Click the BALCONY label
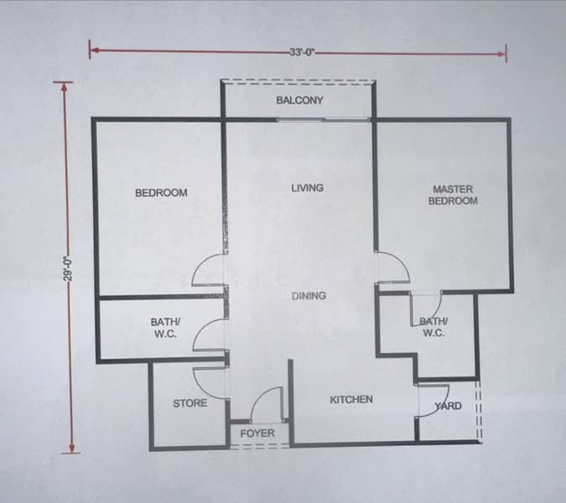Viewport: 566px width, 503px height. [x=299, y=101]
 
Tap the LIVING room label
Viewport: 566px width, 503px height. [x=308, y=188]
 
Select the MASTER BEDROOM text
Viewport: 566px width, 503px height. [x=453, y=194]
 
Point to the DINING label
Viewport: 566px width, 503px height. [x=309, y=296]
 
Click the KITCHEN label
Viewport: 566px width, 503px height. [x=351, y=399]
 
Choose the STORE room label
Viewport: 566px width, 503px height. [x=190, y=403]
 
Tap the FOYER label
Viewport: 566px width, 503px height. [x=257, y=433]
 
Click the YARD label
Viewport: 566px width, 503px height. [x=448, y=406]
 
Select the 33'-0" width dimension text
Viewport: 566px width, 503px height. [x=303, y=52]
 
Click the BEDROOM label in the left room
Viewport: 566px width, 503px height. [x=161, y=193]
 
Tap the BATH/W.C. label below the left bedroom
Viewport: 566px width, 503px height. [x=165, y=327]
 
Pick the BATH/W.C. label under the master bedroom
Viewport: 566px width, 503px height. [x=434, y=327]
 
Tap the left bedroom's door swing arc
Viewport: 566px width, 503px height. [x=200, y=264]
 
